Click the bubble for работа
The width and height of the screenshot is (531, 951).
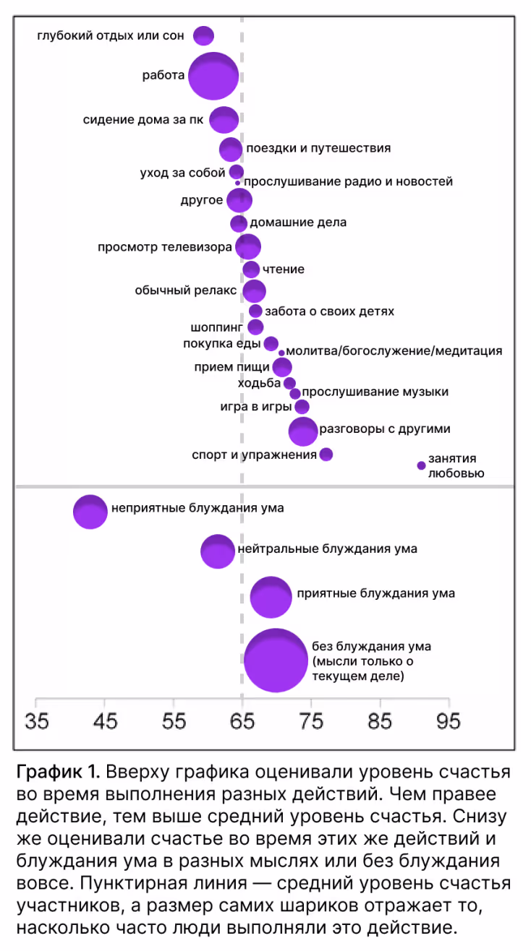tap(213, 76)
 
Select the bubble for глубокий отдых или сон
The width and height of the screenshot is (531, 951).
tap(204, 35)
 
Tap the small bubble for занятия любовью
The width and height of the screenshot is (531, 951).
tap(421, 465)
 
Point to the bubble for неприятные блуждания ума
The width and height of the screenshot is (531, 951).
tap(90, 512)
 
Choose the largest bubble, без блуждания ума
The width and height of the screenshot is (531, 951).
tap(275, 660)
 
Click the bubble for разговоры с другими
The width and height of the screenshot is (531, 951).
tap(302, 431)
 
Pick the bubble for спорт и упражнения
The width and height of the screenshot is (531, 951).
tap(326, 455)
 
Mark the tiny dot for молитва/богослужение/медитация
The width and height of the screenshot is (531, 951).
tap(281, 353)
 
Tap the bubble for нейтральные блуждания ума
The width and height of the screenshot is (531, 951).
tap(217, 551)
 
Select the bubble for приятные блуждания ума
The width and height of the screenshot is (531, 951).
tap(271, 597)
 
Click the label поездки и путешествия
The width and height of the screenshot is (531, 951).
tap(318, 148)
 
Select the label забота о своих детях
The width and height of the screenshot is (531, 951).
tap(329, 311)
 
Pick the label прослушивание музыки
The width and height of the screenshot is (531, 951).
tap(375, 392)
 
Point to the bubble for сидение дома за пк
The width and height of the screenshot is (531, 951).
tap(224, 119)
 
